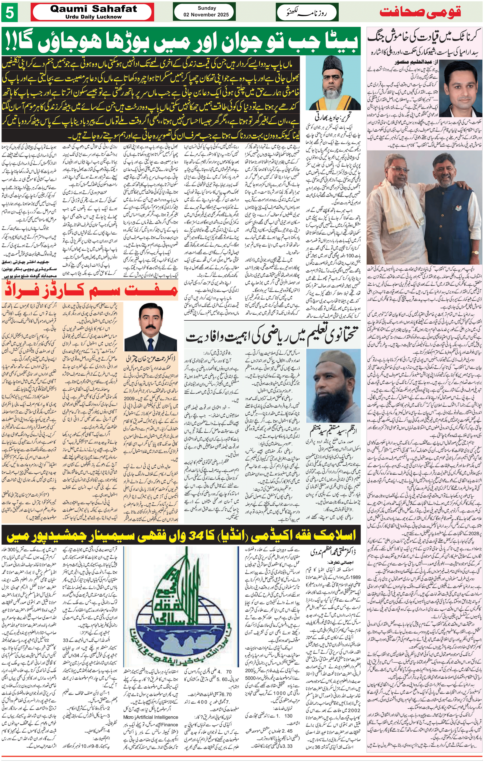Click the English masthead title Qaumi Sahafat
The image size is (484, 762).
(94, 9)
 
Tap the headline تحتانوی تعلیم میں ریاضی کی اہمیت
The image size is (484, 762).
(272, 336)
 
